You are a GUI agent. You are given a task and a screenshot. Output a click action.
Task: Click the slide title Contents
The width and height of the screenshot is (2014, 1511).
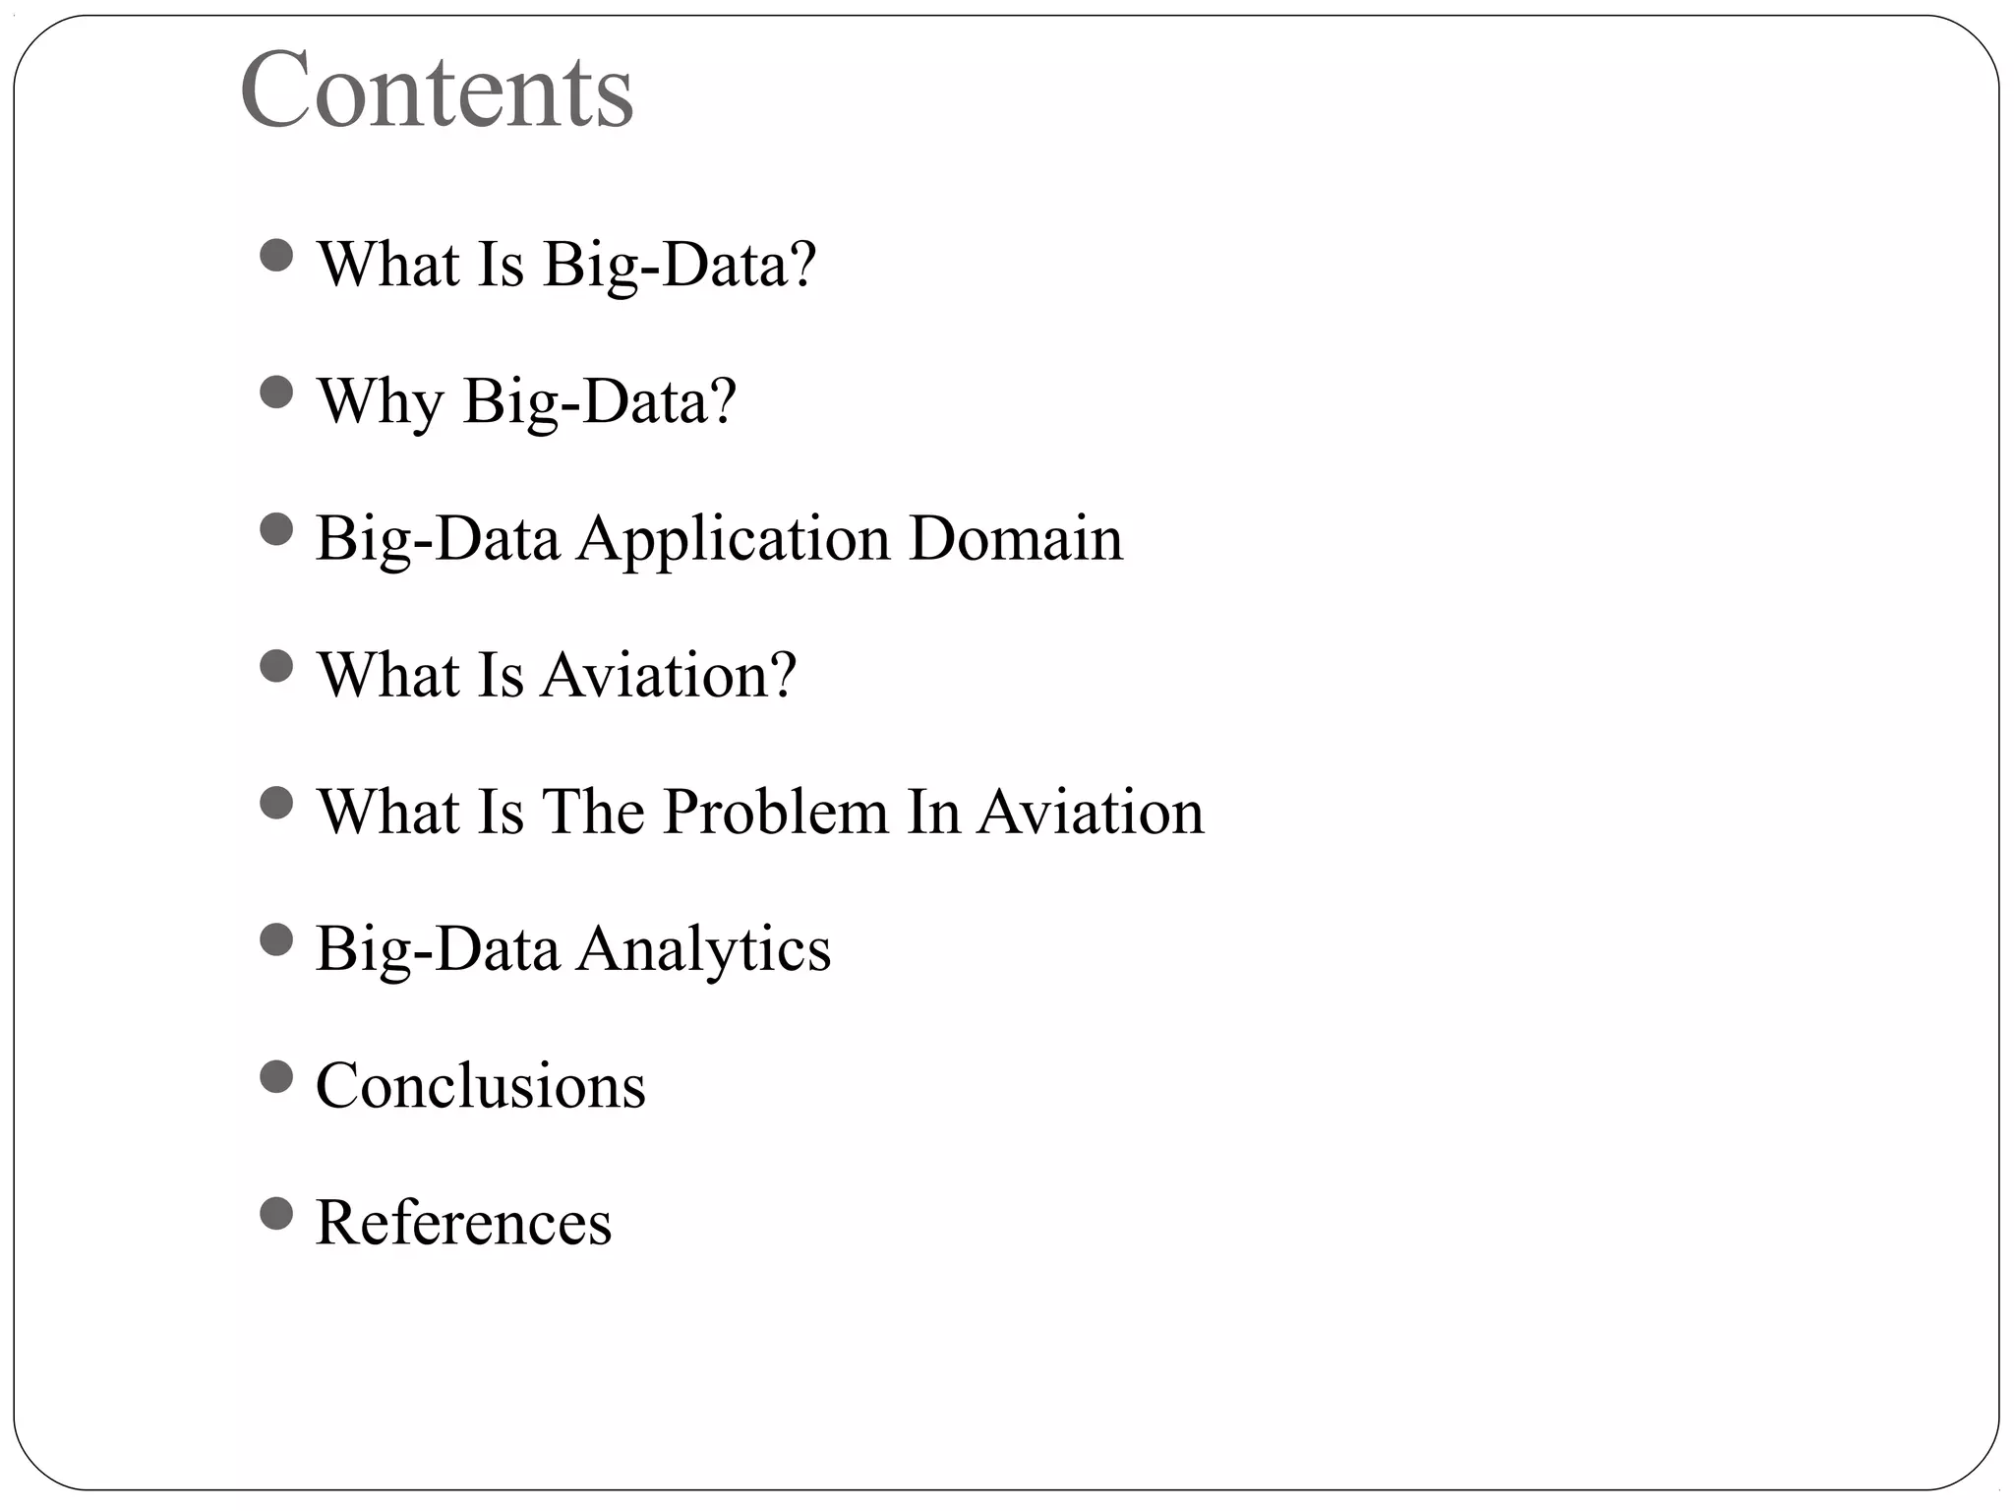[x=437, y=91]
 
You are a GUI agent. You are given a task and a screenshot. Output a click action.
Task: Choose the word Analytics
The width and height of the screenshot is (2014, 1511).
[x=703, y=950]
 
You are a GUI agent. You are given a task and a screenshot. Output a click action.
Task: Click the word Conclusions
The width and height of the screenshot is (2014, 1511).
[x=481, y=1086]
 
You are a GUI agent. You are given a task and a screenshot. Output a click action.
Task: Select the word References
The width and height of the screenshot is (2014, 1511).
[x=463, y=1223]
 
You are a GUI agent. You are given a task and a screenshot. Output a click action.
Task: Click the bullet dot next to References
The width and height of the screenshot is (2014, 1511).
[x=277, y=1214]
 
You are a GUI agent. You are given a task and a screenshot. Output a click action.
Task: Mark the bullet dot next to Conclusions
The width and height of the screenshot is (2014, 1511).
[x=277, y=1077]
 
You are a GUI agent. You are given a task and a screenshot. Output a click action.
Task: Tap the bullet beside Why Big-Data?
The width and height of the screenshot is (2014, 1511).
[x=277, y=393]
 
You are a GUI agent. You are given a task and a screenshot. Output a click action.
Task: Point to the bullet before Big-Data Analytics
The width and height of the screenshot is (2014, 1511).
[x=277, y=940]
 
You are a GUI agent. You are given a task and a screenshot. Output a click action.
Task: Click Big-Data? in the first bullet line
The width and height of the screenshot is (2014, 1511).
[x=680, y=265]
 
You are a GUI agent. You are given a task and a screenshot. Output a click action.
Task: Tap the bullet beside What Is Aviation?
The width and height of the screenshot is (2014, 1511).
[x=277, y=667]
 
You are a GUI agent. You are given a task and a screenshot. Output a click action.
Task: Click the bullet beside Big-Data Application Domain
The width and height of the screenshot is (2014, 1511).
[x=277, y=530]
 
